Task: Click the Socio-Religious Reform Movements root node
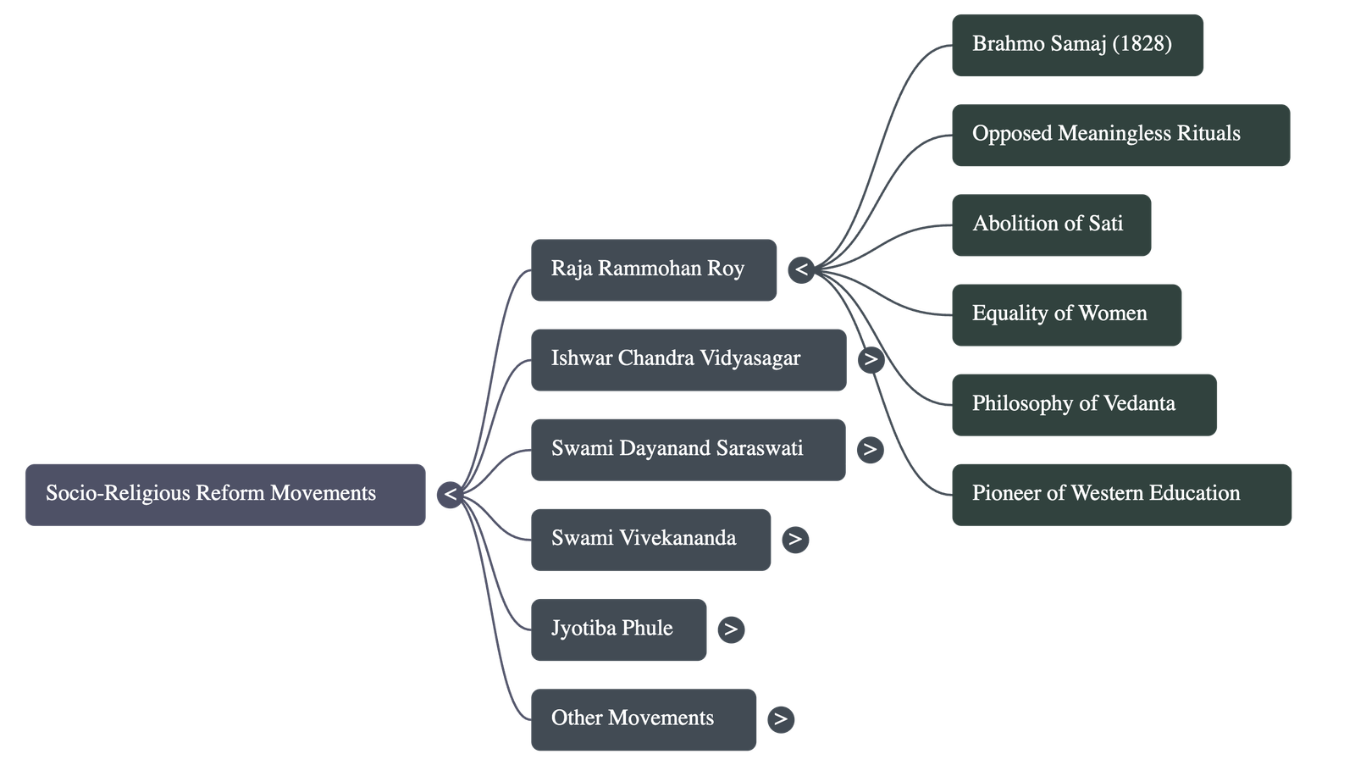[225, 494]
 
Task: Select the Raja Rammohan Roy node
[653, 269]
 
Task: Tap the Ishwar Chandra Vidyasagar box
[688, 359]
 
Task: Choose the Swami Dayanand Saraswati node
[688, 449]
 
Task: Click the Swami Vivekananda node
[650, 539]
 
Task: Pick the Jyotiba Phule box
[618, 629]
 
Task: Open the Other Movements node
[644, 718]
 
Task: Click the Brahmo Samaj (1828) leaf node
[1076, 45]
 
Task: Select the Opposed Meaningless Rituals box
[1120, 135]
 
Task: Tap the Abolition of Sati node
[1051, 225]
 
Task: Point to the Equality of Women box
[1066, 314]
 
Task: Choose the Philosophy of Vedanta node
[1083, 404]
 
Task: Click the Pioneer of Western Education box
[1121, 494]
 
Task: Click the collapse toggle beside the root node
[451, 495]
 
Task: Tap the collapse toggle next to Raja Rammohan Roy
[801, 270]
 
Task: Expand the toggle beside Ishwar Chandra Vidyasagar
[871, 360]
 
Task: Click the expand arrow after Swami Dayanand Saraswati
[870, 450]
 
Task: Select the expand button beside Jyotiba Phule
[731, 629]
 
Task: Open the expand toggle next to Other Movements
[781, 719]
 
